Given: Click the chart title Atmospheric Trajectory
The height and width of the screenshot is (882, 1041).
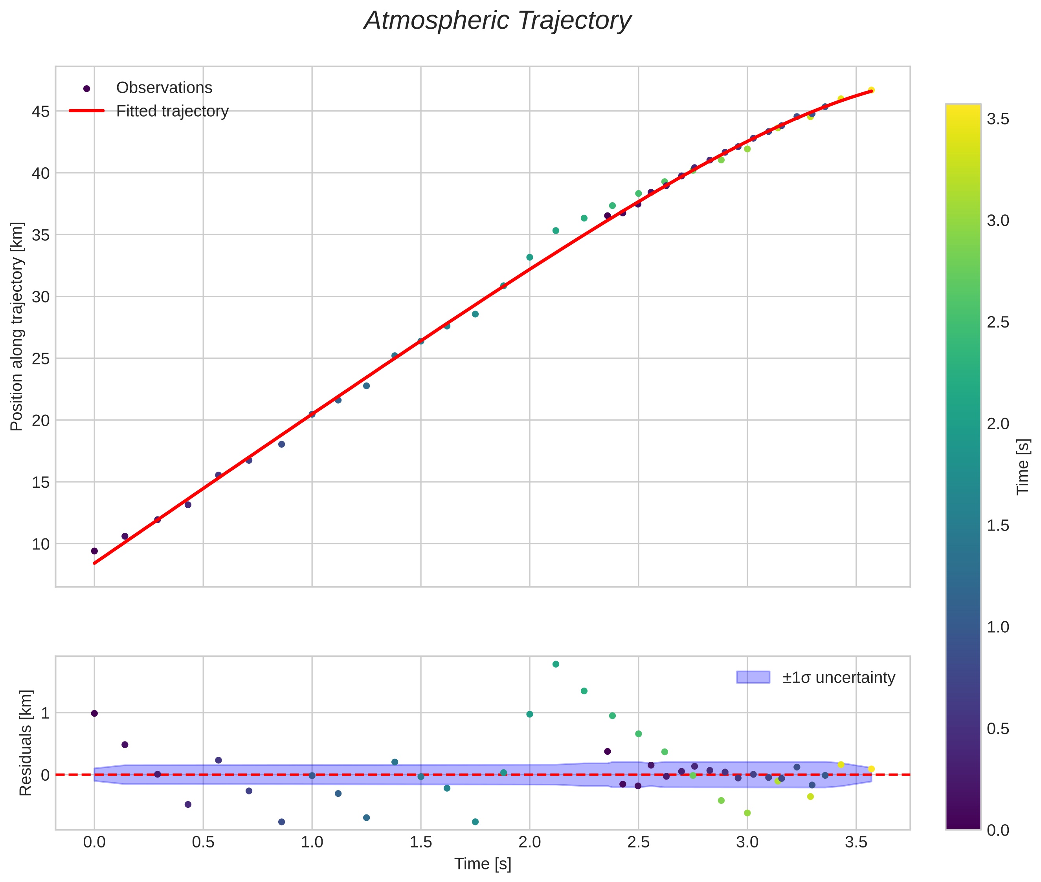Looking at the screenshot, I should pyautogui.click(x=497, y=21).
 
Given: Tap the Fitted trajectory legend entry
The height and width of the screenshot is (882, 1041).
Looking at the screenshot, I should pyautogui.click(x=172, y=111).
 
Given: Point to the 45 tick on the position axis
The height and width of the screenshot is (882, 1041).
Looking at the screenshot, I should pyautogui.click(x=40, y=112).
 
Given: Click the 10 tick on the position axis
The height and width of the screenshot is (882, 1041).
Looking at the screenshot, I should pyautogui.click(x=40, y=544).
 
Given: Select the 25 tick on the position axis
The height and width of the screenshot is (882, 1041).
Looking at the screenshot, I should pyautogui.click(x=40, y=359).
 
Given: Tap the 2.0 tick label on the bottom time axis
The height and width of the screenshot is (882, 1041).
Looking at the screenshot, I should pyautogui.click(x=529, y=842).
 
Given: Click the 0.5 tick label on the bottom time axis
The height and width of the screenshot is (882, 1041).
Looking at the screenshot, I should pyautogui.click(x=203, y=842).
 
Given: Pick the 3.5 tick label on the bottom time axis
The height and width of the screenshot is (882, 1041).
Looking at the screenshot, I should pyautogui.click(x=856, y=842).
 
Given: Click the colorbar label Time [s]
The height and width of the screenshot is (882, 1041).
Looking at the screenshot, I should pyautogui.click(x=1023, y=467).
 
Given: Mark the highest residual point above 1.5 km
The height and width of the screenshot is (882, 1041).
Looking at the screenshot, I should pyautogui.click(x=555, y=664).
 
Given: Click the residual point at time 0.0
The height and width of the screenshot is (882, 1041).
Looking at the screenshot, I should pyautogui.click(x=94, y=713).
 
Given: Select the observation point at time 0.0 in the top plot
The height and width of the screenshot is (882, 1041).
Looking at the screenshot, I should pyautogui.click(x=94, y=551).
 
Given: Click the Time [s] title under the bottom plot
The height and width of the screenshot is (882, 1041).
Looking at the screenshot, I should pyautogui.click(x=482, y=864).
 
